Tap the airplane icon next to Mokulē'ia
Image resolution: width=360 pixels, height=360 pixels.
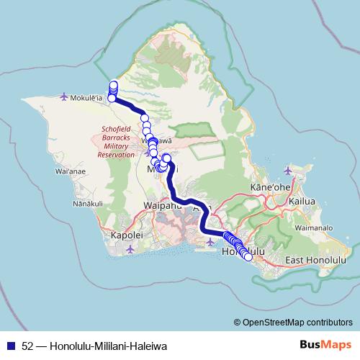(66, 96)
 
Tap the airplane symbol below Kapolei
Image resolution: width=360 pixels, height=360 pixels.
(130, 249)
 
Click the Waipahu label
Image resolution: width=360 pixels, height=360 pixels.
(162, 205)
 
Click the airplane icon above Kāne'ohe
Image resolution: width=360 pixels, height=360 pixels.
(288, 171)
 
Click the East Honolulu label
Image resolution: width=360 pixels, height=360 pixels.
(316, 258)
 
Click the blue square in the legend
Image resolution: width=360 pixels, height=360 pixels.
(10, 345)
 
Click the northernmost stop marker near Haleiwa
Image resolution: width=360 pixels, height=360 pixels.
(114, 84)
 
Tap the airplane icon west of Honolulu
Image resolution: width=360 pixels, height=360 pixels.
(209, 242)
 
